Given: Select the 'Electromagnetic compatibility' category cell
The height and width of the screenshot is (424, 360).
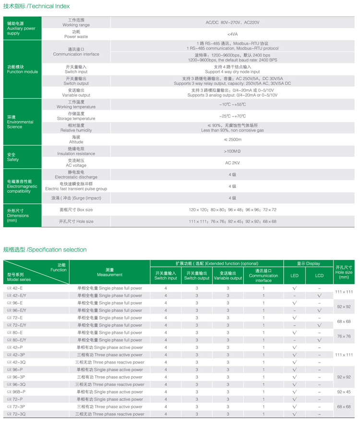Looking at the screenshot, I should [21, 186].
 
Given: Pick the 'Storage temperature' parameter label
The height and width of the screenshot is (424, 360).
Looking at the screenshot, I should [76, 116].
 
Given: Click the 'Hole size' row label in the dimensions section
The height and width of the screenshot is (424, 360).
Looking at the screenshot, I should [76, 222].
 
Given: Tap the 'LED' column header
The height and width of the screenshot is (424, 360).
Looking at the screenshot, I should [294, 276].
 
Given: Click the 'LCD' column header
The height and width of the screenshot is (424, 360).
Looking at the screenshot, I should [319, 276].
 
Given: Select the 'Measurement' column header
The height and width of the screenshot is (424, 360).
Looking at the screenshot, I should [109, 272].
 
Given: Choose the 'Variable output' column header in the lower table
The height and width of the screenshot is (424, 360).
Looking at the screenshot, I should [228, 276].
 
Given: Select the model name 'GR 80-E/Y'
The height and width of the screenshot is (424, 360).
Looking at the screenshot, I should [17, 340].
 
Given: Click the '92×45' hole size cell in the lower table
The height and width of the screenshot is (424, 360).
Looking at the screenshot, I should [344, 392].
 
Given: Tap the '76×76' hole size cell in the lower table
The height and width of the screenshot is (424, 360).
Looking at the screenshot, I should [344, 336].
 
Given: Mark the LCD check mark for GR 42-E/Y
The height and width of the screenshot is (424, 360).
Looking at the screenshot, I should [319, 296].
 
